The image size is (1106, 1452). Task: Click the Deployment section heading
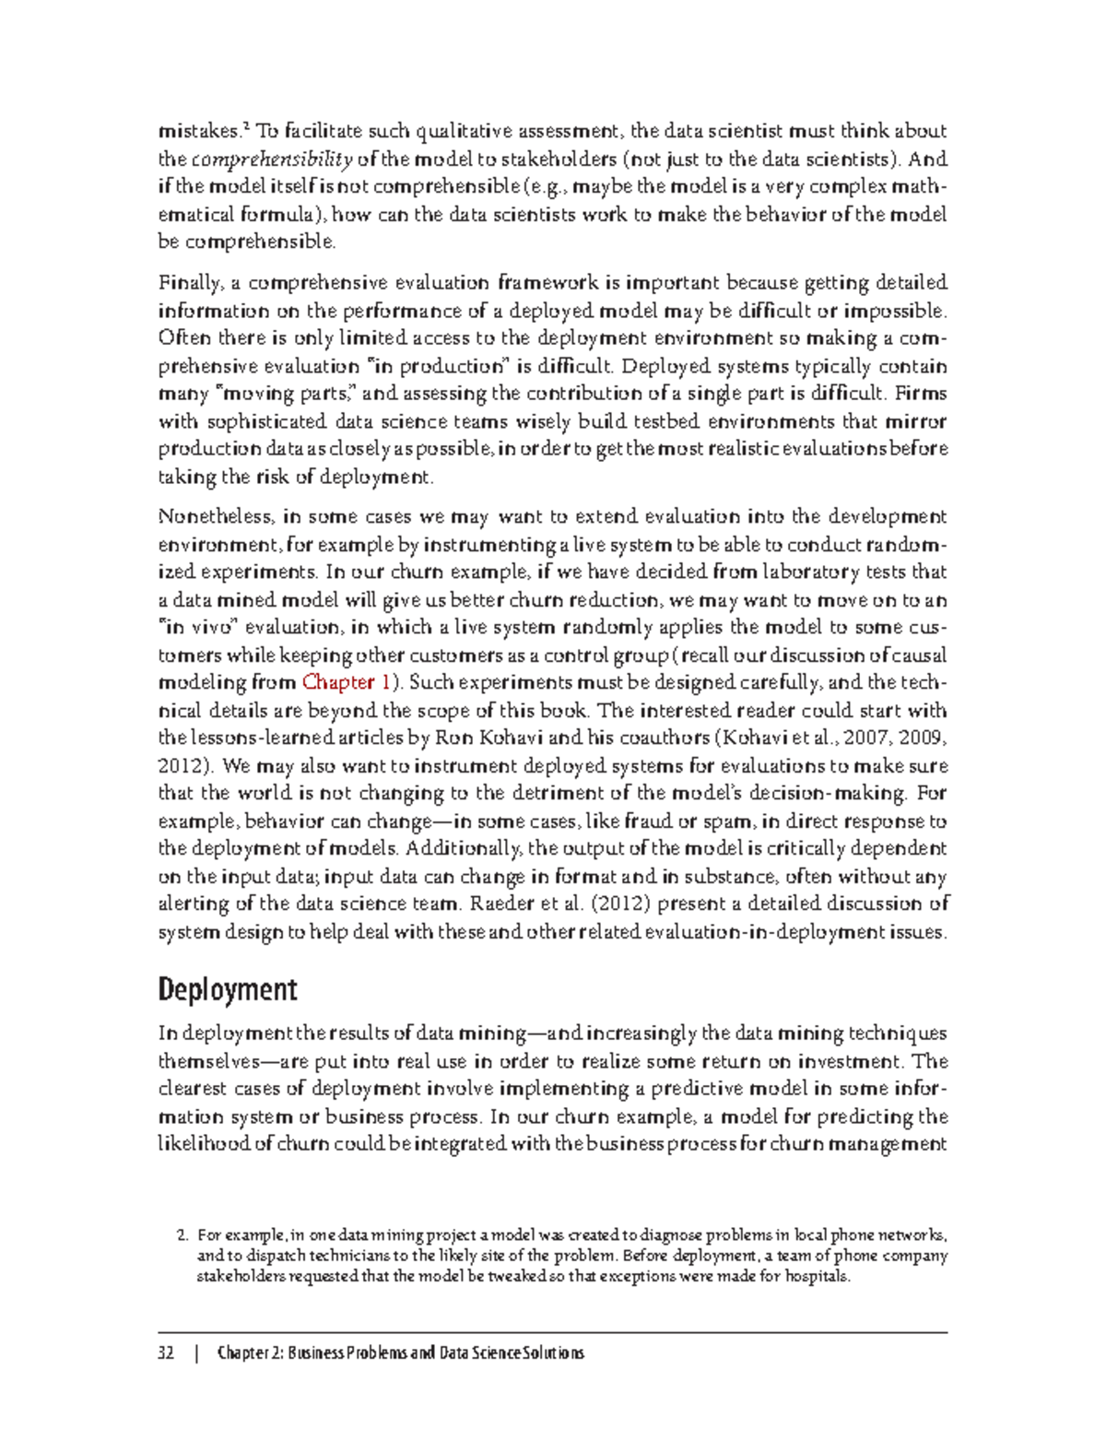pyautogui.click(x=227, y=990)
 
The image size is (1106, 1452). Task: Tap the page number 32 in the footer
pyautogui.click(x=167, y=1353)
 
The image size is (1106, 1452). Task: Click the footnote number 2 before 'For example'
pyautogui.click(x=182, y=1234)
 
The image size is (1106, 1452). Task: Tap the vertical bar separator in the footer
pyautogui.click(x=196, y=1353)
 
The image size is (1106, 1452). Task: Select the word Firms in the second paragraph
pyautogui.click(x=921, y=394)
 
